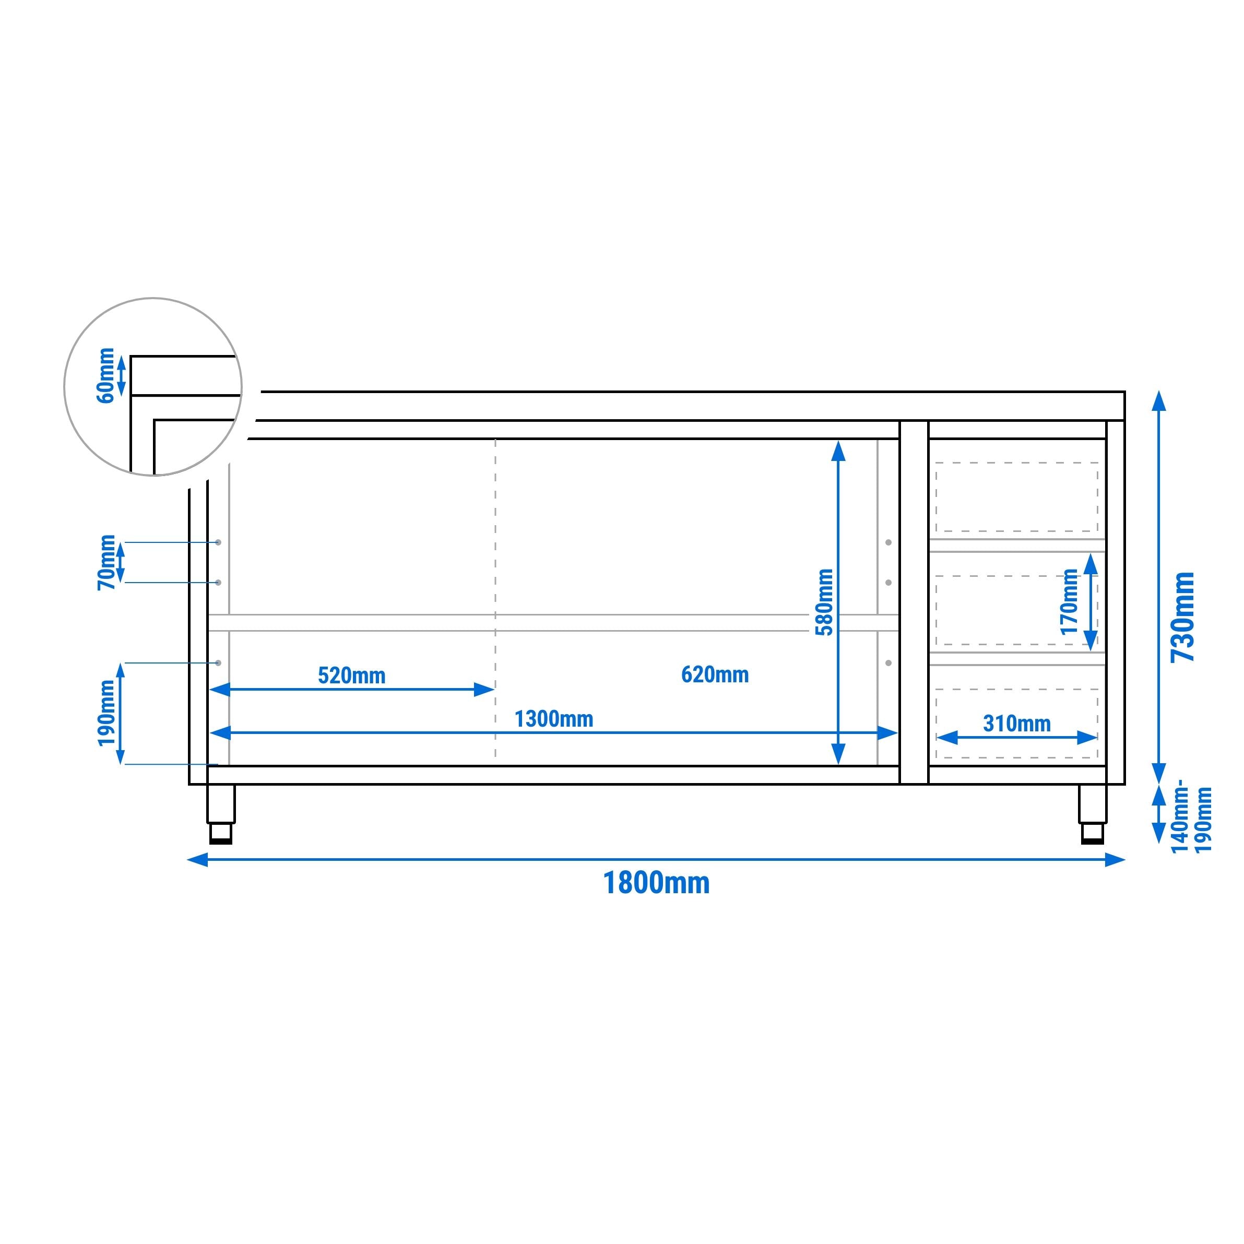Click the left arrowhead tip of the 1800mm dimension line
[187, 860]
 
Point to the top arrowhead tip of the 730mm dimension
[1159, 391]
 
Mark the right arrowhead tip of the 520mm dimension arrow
[494, 690]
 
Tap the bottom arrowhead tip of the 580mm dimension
[838, 764]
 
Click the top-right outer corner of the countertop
[1125, 392]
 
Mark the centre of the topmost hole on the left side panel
[218, 542]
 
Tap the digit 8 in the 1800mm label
[632, 883]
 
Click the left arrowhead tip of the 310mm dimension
[935, 737]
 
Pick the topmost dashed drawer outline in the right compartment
[1017, 497]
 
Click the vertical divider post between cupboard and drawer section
[914, 602]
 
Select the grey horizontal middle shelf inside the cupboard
[553, 623]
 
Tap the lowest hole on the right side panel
[888, 662]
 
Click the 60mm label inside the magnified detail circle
[105, 375]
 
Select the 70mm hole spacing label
[106, 562]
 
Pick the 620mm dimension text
[715, 675]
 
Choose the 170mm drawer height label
[1070, 601]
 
